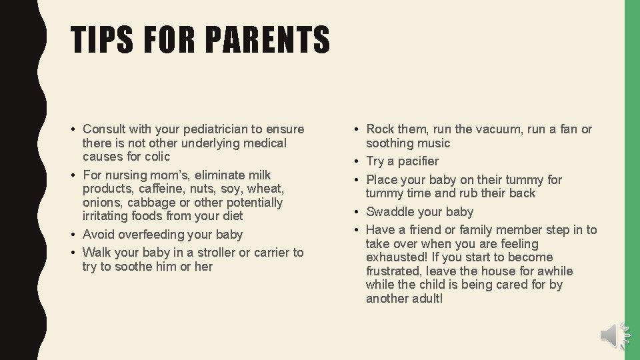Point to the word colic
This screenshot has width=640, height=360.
pos(157,157)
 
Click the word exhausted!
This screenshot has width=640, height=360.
pos(393,257)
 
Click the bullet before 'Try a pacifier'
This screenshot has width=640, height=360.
pos(358,161)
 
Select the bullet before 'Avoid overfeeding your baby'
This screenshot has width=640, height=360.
pos(74,235)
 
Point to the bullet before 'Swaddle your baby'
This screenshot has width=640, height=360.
pos(358,212)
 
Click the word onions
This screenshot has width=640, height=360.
pos(101,203)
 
